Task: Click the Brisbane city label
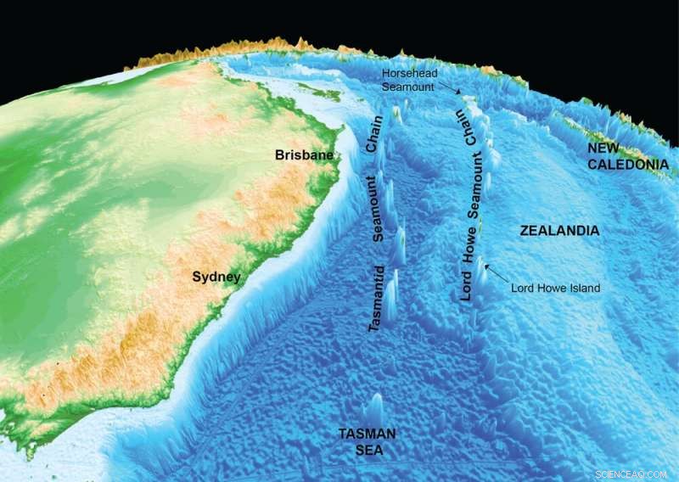pos(303,155)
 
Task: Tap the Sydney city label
pos(216,277)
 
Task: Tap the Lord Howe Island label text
pos(555,289)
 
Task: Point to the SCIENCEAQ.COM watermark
pos(631,472)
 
